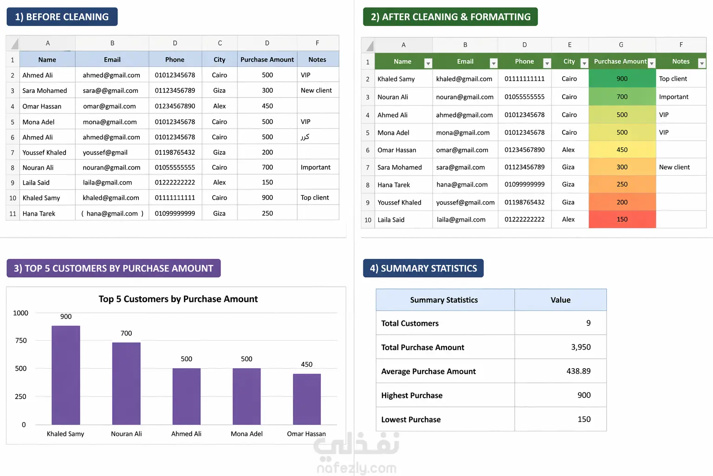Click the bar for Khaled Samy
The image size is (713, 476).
click(65, 375)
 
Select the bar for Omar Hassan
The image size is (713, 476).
click(307, 399)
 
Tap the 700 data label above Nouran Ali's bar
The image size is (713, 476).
click(126, 333)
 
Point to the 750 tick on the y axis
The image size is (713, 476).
click(21, 341)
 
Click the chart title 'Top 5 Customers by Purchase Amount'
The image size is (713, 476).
click(178, 299)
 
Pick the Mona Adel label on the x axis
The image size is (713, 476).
click(246, 434)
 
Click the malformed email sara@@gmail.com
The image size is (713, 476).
click(110, 91)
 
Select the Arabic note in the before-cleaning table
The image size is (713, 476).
click(305, 137)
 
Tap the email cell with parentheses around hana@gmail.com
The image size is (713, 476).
click(112, 213)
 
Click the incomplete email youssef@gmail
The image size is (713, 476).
click(105, 152)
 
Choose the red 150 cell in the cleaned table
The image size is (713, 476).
click(622, 219)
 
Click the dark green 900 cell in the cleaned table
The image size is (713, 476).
click(622, 79)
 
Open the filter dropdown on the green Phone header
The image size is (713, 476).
click(547, 63)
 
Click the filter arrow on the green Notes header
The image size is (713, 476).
click(701, 63)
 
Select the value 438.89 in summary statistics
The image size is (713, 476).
click(578, 371)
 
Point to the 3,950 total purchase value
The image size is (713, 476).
click(581, 347)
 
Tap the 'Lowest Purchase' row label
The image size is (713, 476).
click(411, 420)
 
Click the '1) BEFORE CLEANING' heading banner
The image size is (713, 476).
click(62, 17)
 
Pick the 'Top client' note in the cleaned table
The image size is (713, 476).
click(673, 79)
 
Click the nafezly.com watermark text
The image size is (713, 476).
click(356, 468)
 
